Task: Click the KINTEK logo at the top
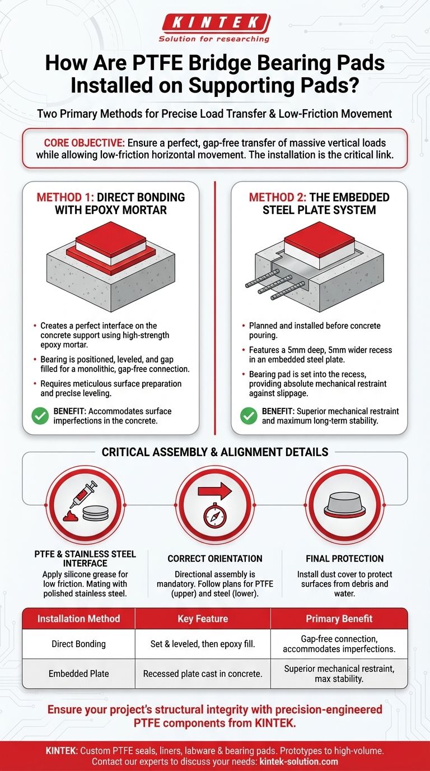click(214, 24)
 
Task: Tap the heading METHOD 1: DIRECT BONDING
click(110, 204)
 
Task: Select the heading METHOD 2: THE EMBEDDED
click(319, 204)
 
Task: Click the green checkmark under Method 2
click(249, 416)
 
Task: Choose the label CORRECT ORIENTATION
click(215, 559)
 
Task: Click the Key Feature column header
click(203, 619)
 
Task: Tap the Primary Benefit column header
click(339, 619)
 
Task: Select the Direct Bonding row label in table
click(78, 644)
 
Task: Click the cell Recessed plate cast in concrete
click(203, 674)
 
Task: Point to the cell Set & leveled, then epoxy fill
click(203, 644)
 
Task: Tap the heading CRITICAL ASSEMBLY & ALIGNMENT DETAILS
click(215, 452)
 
